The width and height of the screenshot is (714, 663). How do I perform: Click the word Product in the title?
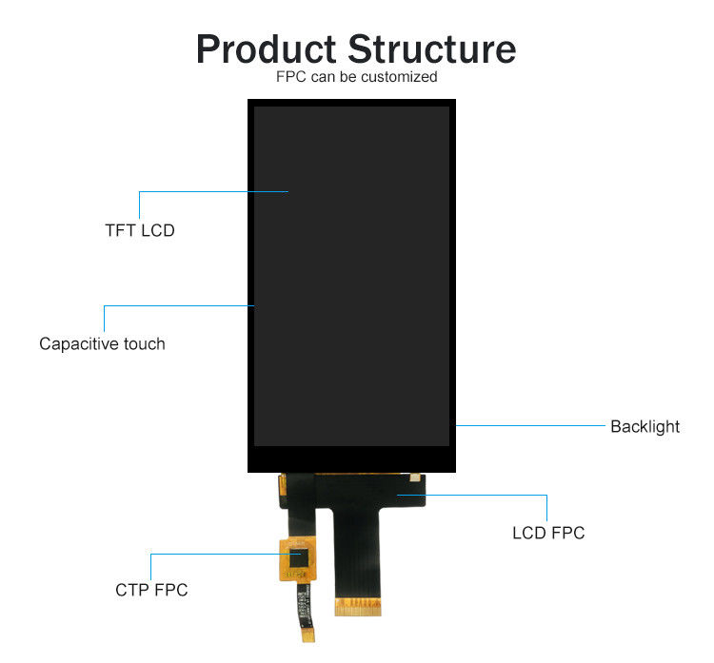click(x=266, y=49)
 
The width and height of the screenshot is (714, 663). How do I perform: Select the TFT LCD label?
click(x=140, y=230)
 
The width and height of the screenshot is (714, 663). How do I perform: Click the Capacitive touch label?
click(x=102, y=344)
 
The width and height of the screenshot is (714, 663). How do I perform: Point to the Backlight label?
click(x=645, y=426)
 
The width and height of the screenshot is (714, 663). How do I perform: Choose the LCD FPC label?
click(x=548, y=533)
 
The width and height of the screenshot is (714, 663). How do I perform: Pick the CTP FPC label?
click(x=151, y=590)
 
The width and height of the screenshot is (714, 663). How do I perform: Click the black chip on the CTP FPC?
click(x=300, y=560)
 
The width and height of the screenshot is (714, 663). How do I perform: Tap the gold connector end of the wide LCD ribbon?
click(x=361, y=604)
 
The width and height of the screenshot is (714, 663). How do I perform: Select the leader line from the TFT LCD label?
click(x=213, y=191)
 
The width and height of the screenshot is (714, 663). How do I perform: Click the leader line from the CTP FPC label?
click(x=219, y=553)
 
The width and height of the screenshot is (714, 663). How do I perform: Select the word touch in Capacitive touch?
click(x=144, y=344)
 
